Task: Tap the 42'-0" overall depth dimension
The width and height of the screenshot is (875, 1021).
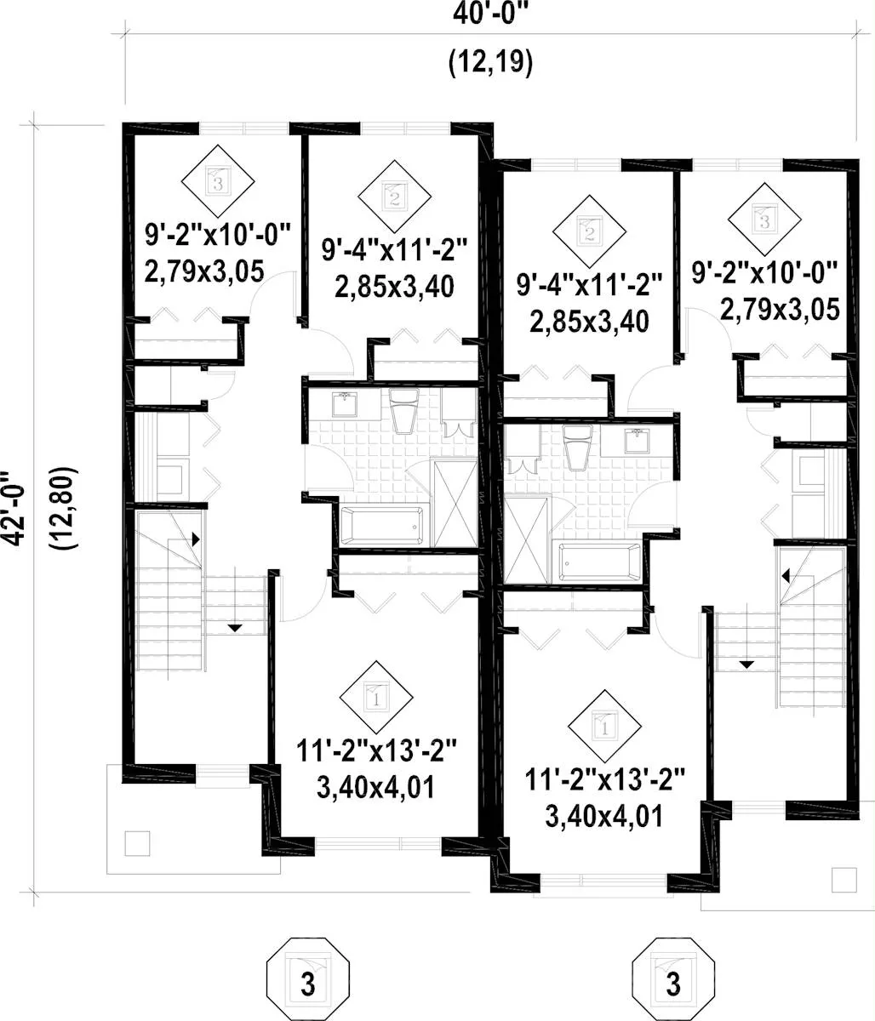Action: coord(14,508)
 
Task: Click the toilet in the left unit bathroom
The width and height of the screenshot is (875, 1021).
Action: coord(403,410)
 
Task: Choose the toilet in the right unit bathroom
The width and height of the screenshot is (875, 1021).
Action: coord(578,447)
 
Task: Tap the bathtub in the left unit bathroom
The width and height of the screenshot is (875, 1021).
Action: coord(382,525)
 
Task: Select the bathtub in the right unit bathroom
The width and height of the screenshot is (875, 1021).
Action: coord(600,562)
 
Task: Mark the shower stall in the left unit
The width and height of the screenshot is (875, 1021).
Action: coord(455,504)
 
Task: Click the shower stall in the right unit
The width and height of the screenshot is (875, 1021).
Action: coord(526,540)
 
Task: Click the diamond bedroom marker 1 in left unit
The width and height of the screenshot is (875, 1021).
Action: coord(376,698)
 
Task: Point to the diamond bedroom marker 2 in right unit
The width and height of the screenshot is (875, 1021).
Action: coord(589,231)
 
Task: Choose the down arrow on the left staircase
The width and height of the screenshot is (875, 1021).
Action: coord(235,628)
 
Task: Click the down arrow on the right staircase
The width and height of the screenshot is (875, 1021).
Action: coord(746,665)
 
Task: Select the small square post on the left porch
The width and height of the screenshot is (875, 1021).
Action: coord(137,843)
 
